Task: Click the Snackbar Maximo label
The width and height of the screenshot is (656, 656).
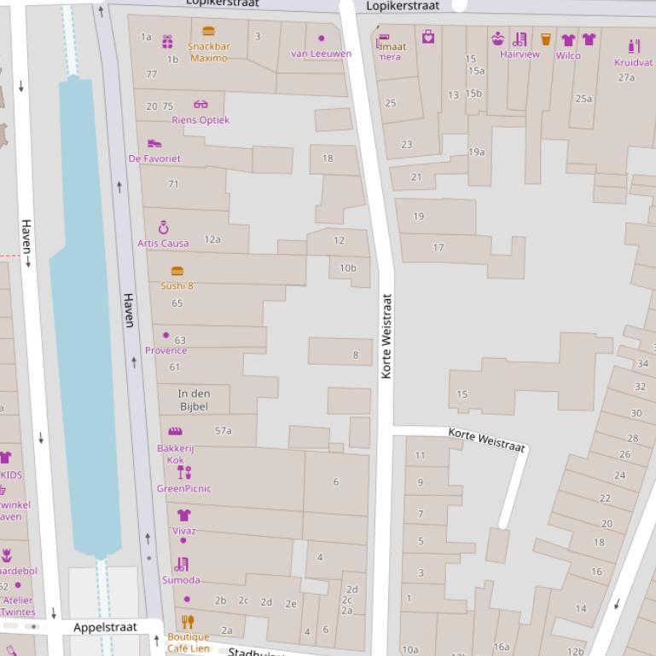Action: coord(209,52)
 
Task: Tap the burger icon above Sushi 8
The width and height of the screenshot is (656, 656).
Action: coord(177,271)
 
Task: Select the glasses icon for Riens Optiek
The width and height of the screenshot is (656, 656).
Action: coord(200,104)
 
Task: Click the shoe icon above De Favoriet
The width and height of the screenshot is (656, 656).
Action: coord(154,143)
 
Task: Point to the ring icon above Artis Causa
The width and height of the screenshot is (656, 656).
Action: coord(164,227)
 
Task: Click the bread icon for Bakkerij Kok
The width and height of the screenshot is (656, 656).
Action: coord(175,431)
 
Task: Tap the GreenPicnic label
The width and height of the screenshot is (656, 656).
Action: coord(183,488)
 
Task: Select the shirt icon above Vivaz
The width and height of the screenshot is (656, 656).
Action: coord(183,515)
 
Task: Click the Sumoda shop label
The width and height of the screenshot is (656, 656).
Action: coord(181,580)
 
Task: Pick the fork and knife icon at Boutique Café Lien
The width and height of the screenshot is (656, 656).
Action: coord(188,622)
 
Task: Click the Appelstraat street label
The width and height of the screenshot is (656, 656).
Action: coord(105,628)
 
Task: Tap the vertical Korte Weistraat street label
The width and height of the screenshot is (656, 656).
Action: coord(386,337)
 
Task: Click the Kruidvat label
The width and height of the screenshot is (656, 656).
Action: coord(633,62)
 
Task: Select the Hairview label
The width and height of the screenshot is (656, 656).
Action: coord(520,55)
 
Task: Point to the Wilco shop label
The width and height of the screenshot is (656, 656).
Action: coord(568,55)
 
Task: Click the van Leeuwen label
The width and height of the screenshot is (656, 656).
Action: coord(321,54)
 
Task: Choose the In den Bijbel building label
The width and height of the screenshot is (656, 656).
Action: coord(194,400)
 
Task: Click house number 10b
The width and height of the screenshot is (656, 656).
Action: coord(348,268)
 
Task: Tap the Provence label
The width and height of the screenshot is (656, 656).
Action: coord(165,350)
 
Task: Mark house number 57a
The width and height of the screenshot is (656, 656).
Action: coord(223,430)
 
